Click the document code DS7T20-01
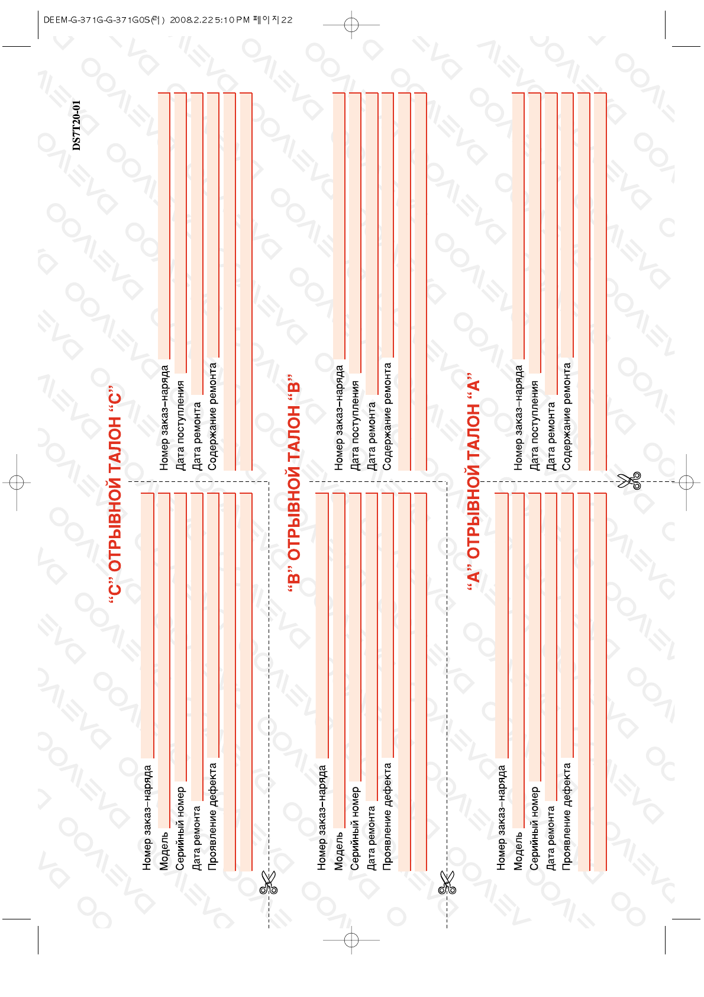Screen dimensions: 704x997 pos(76,126)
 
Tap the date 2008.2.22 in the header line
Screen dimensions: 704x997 pos(191,20)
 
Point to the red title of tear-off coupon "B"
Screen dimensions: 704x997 pos(294,484)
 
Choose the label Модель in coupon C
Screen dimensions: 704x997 pos(164,851)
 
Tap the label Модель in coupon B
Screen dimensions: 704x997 pos(338,851)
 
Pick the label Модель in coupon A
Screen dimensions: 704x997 pos(518,851)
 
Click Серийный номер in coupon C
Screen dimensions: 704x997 pos(180,828)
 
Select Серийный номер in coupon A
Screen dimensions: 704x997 pos(534,828)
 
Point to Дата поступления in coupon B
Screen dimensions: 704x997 pos(355,426)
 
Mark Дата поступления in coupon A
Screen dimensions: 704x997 pos(534,426)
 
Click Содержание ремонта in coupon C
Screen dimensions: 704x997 pos(213,416)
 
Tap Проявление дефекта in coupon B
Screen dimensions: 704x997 pos(387,816)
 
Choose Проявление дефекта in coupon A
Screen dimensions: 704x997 pos(567,816)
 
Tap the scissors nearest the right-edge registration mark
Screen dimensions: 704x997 pos(629,481)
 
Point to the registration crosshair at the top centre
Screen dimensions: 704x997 pos(351,25)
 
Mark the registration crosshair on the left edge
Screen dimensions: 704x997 pos(17,483)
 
